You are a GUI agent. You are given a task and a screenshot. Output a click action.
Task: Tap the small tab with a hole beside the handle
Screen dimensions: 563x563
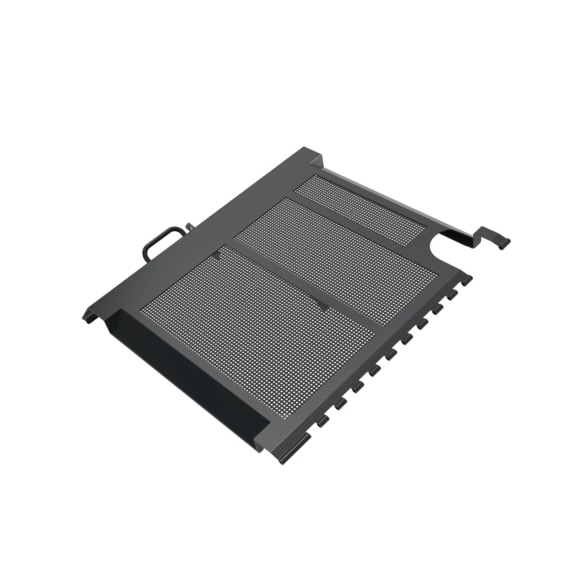point(190,226)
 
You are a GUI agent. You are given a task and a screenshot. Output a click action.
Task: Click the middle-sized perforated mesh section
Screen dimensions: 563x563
point(335,259)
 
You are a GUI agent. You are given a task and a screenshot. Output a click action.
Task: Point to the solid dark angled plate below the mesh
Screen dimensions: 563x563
point(187,376)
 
